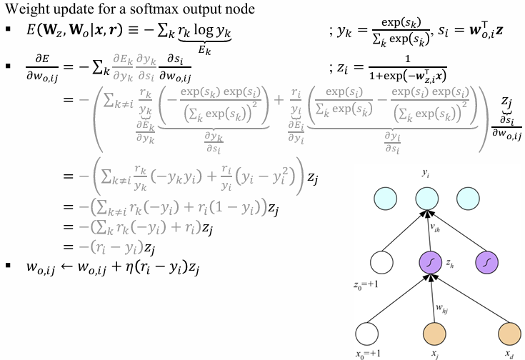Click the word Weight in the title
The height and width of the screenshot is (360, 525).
24,9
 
